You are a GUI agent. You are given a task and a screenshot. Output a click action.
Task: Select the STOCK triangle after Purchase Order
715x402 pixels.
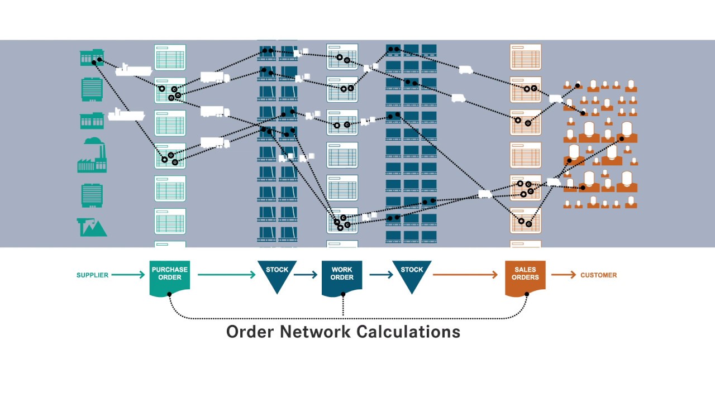click(277, 274)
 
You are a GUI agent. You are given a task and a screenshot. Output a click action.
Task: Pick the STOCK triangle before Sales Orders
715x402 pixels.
click(412, 274)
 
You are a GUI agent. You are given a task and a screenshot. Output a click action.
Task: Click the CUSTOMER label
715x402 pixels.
click(599, 275)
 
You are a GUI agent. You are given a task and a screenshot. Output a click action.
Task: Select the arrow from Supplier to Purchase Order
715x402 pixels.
click(128, 275)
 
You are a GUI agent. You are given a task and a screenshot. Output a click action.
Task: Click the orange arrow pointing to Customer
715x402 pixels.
click(564, 275)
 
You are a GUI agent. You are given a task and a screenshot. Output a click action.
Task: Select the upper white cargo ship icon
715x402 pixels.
click(134, 70)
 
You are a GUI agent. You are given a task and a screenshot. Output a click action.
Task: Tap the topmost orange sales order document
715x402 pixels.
click(525, 57)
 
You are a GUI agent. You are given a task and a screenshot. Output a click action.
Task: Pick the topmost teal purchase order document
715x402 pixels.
click(170, 57)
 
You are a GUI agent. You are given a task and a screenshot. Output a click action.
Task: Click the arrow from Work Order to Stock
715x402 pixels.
click(381, 275)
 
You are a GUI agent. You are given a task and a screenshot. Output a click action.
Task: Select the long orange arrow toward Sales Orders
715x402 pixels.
click(465, 275)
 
